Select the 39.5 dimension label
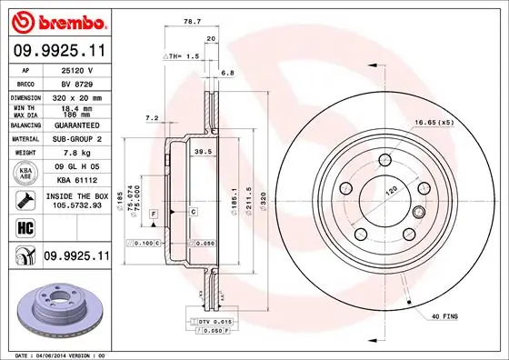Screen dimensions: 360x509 coord(204,152)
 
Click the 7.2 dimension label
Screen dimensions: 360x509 coord(152,117)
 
